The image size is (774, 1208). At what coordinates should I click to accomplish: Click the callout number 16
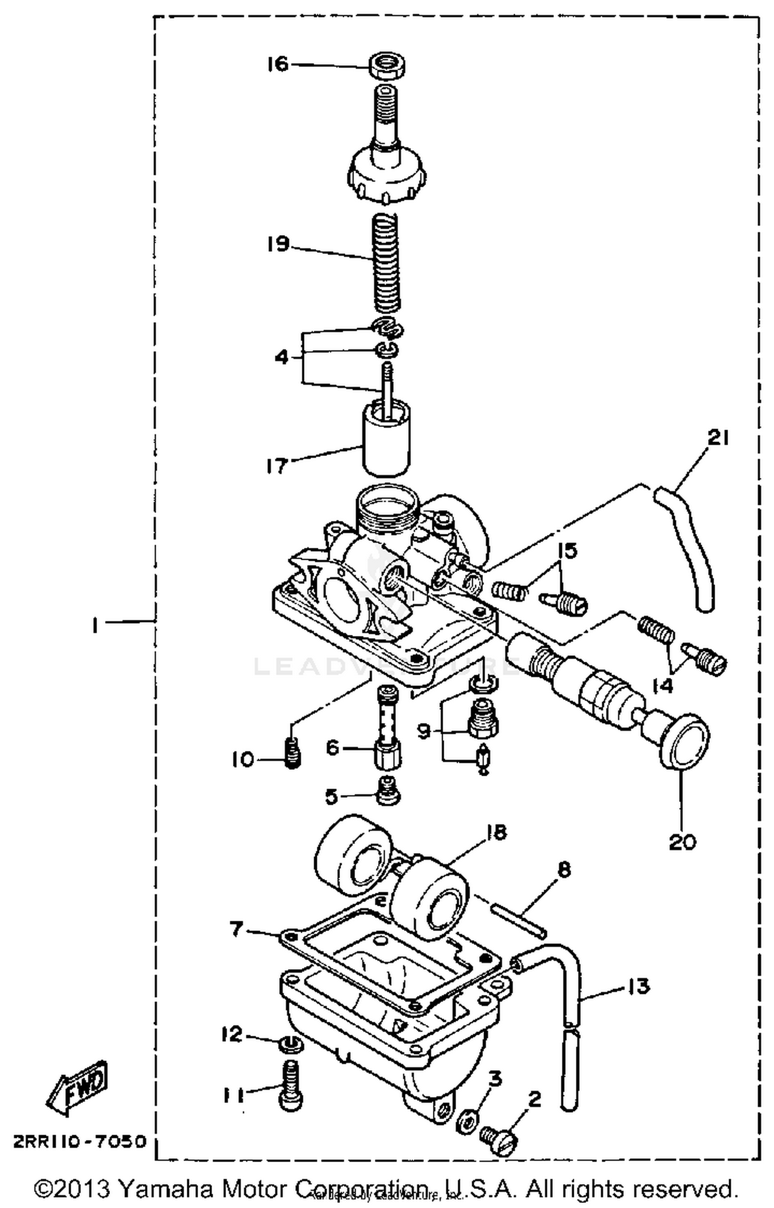(x=278, y=64)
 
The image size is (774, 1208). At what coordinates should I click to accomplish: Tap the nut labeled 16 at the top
(x=386, y=66)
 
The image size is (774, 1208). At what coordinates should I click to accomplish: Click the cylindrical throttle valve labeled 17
(x=386, y=439)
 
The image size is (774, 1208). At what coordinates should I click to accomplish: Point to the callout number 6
(x=333, y=747)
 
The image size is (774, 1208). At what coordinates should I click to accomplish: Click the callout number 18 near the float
(x=496, y=832)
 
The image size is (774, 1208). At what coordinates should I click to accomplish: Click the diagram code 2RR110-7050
(x=80, y=1141)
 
